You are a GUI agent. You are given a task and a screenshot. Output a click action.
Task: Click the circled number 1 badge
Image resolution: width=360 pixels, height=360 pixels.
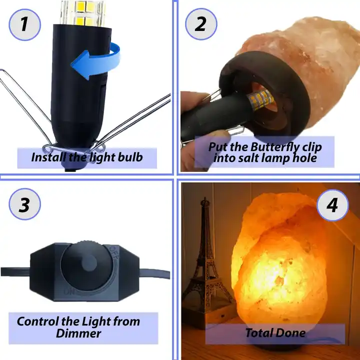25,25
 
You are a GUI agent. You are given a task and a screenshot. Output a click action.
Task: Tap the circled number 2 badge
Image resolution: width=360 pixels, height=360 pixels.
201,24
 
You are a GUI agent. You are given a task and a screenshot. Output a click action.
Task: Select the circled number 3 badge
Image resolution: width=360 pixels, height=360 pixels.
25,204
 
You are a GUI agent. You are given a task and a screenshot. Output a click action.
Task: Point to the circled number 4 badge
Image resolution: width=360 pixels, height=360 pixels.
332,205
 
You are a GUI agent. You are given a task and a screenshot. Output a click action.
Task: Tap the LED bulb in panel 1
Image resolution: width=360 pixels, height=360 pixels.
82,12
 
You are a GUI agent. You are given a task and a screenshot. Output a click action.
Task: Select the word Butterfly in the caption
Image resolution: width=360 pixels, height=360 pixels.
274,147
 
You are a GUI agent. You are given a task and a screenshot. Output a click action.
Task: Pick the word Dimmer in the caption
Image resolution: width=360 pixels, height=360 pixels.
78,333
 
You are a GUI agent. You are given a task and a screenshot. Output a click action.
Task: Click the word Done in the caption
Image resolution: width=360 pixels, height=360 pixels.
291,333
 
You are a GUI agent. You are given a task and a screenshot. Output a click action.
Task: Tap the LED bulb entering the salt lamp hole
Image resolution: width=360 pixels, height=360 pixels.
260,99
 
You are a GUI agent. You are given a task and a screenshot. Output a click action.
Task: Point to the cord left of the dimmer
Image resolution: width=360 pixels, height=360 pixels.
15,271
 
